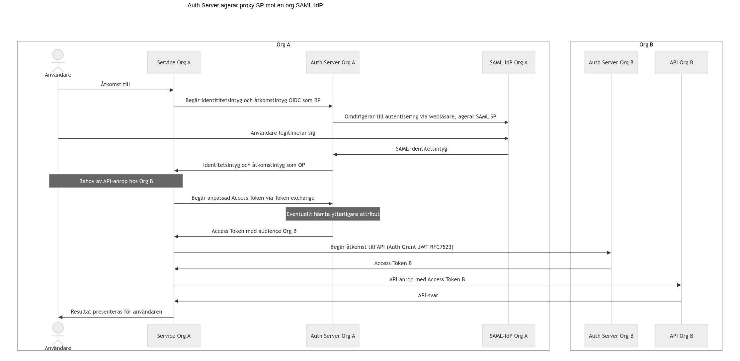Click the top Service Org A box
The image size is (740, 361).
174,62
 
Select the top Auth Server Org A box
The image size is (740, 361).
333,62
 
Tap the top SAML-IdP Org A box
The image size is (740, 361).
509,62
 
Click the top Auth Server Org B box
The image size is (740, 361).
611,62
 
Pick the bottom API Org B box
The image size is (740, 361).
682,336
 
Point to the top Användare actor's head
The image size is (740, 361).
58,55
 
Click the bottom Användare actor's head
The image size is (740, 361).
58,328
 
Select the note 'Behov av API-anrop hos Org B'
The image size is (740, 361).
116,181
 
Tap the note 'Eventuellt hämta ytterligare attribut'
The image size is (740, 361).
333,214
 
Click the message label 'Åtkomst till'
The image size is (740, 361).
116,85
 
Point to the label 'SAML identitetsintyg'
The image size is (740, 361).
421,149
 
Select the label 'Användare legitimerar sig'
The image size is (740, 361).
283,133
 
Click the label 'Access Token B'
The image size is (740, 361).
393,263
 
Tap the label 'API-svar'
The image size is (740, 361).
428,296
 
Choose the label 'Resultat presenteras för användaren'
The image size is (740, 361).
116,312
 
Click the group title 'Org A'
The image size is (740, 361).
283,45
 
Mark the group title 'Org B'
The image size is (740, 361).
646,45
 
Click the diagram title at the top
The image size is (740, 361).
255,5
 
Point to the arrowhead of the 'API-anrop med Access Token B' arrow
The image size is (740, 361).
679,285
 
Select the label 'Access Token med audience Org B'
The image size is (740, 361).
254,231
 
